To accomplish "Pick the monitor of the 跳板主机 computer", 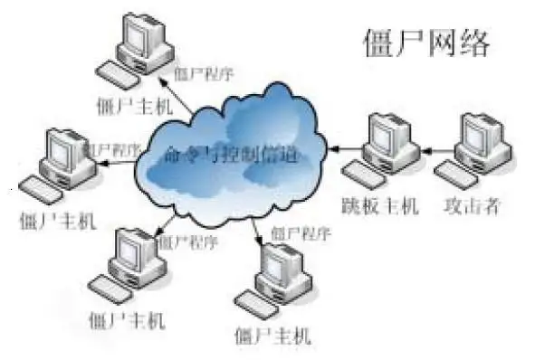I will click(x=390, y=136).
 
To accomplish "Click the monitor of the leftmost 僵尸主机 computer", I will click(x=65, y=150).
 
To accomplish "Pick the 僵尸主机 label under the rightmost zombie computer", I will click(x=271, y=336).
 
